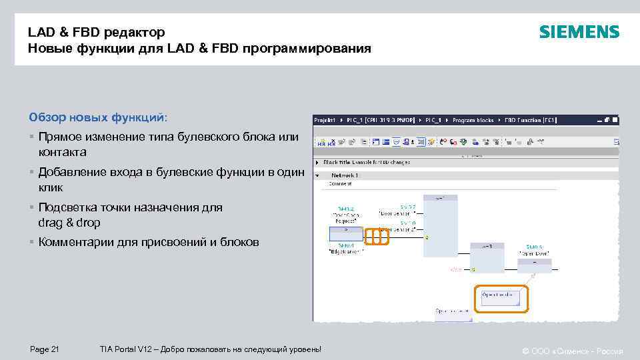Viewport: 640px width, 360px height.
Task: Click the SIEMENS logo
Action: tap(579, 32)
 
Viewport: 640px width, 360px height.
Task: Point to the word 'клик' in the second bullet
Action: tap(50, 188)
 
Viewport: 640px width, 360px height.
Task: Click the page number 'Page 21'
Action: tap(45, 349)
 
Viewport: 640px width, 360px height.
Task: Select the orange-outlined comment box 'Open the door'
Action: tap(500, 298)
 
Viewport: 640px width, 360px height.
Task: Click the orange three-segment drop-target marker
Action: tap(377, 236)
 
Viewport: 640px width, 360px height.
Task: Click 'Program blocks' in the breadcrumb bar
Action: tap(473, 120)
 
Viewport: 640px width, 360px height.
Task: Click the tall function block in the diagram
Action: tap(441, 227)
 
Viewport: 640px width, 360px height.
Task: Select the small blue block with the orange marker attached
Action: tap(345, 234)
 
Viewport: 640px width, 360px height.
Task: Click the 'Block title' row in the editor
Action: tap(367, 162)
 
